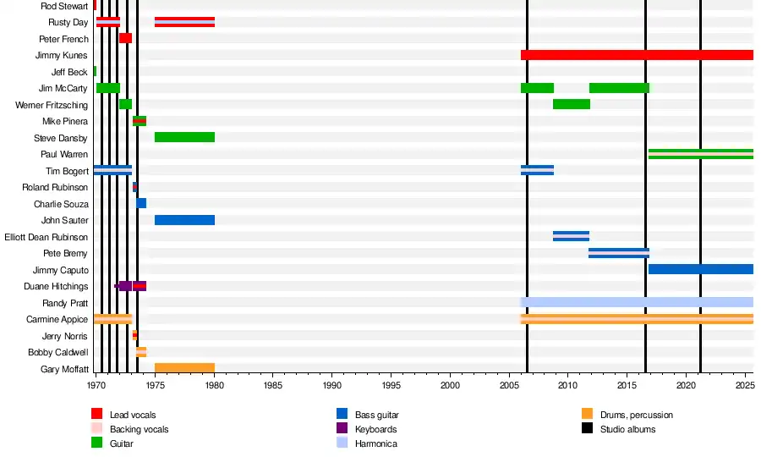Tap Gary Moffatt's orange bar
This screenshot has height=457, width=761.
[x=184, y=368]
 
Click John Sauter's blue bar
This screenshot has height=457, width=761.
[x=184, y=220]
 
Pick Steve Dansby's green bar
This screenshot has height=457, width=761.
[x=184, y=137]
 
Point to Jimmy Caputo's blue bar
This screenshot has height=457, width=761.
[x=700, y=269]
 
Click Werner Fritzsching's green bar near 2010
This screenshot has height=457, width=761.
[x=572, y=104]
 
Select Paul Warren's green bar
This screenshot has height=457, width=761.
[x=700, y=154]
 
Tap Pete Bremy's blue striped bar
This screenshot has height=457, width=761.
[x=619, y=253]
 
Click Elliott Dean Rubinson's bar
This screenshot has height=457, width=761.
[x=572, y=236]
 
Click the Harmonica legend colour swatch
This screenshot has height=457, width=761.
[x=342, y=443]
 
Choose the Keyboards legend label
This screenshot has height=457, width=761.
[x=376, y=429]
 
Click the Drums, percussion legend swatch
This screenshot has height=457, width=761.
[x=588, y=415]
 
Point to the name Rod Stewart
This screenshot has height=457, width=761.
[x=64, y=6]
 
